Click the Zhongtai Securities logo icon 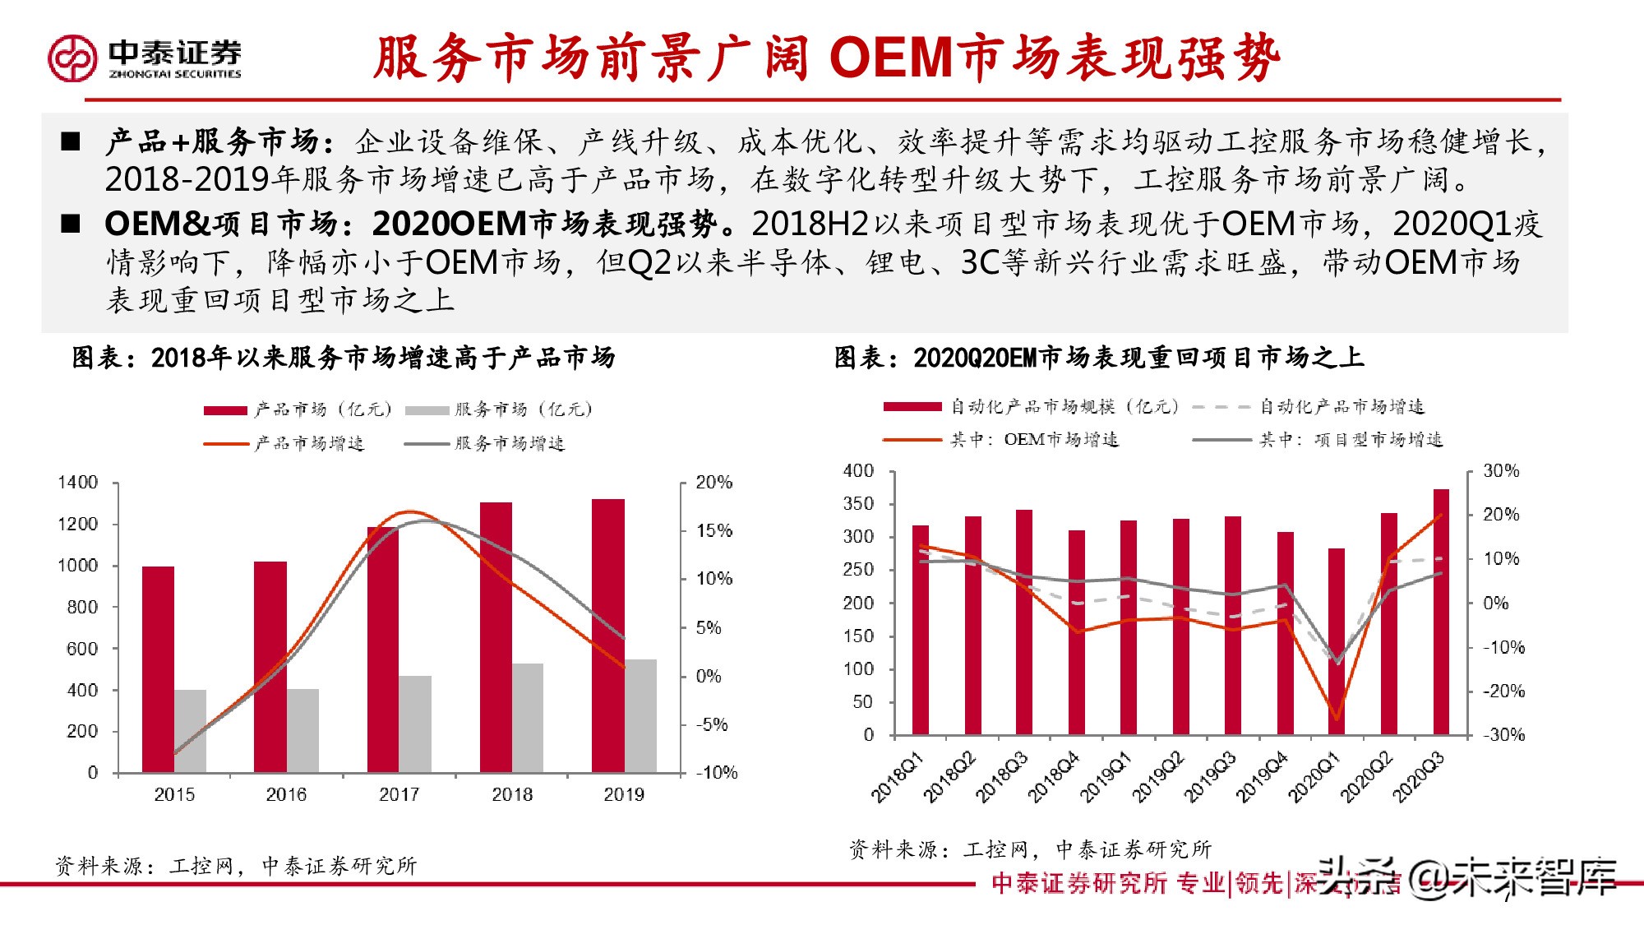click(x=72, y=58)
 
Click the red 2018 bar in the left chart click(x=496, y=637)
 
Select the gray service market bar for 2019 click(x=640, y=715)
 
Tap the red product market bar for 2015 click(x=158, y=669)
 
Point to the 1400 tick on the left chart click(x=78, y=483)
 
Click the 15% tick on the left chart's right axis click(x=713, y=530)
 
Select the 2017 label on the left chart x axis click(x=399, y=794)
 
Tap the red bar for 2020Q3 click(x=1441, y=612)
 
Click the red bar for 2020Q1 click(x=1337, y=641)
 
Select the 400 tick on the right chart click(x=859, y=471)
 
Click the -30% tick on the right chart click(x=1503, y=735)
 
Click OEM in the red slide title click(x=891, y=58)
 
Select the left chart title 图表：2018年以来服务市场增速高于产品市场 click(x=344, y=358)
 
